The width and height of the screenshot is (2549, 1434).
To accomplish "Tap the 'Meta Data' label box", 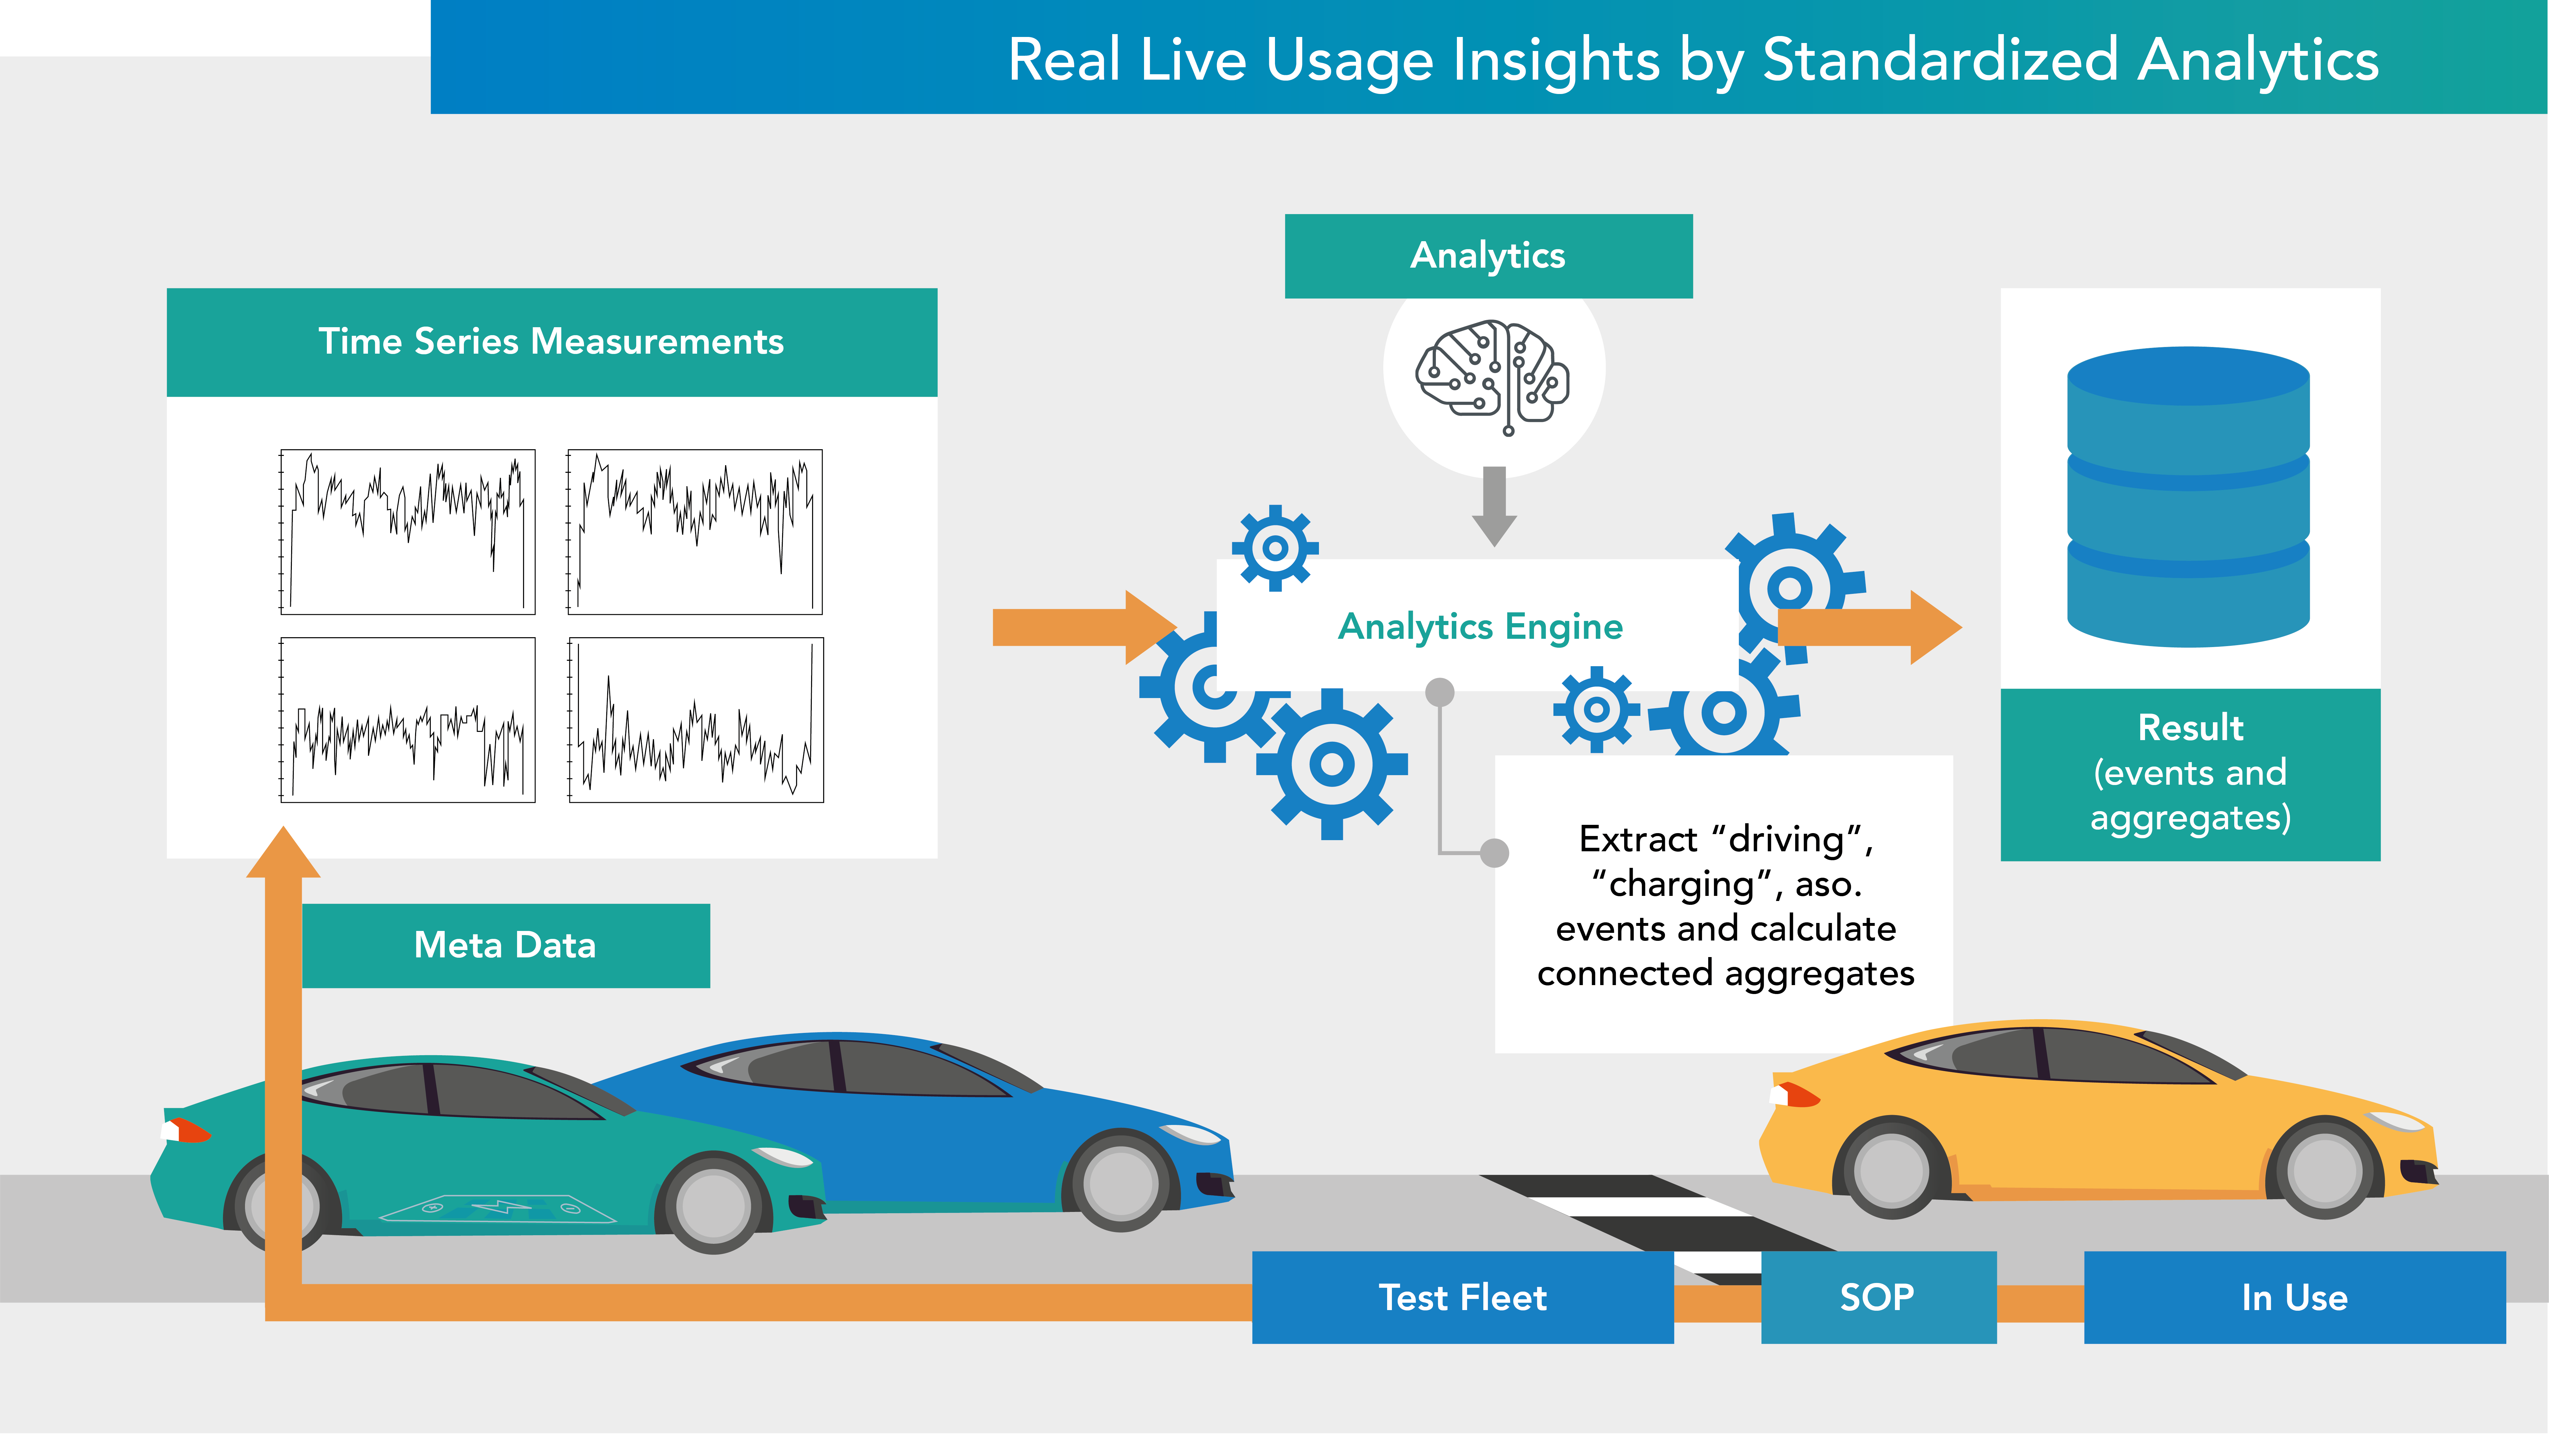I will click(505, 945).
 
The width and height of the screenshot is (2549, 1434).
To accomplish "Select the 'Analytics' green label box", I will click(1487, 255).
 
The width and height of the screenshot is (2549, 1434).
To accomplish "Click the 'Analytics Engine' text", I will click(1479, 626).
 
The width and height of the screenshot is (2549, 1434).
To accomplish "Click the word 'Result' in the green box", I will click(2190, 727).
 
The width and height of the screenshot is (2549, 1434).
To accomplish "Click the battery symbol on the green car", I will click(500, 1207).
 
